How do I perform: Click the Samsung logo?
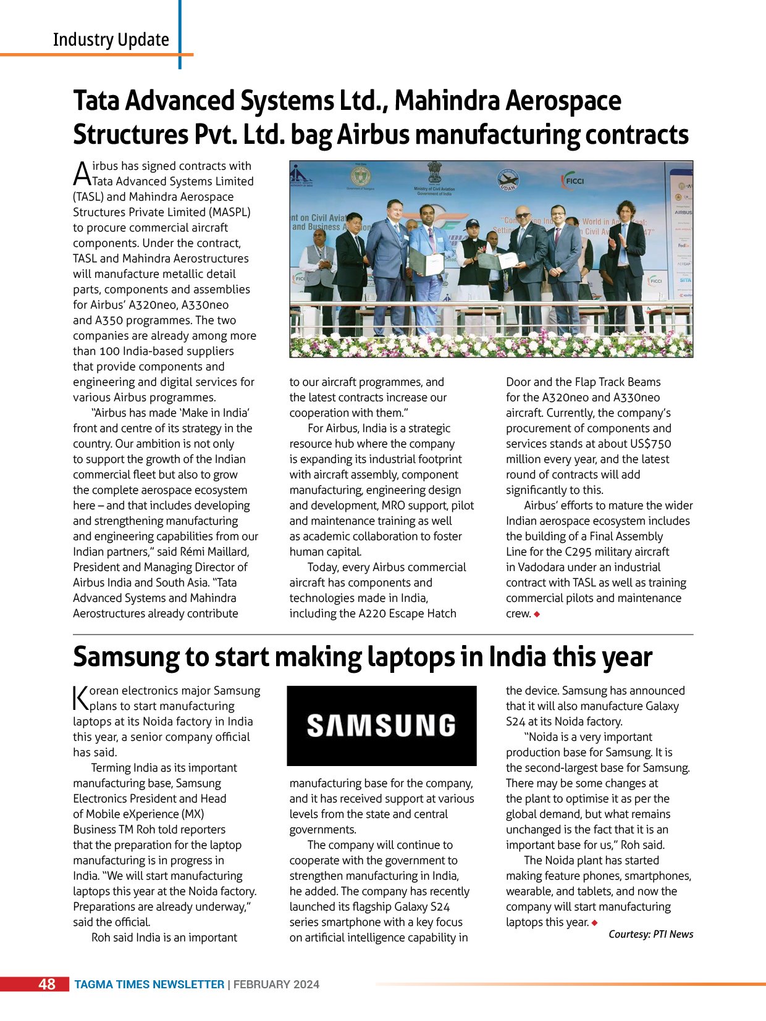pyautogui.click(x=381, y=726)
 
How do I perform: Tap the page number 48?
pyautogui.click(x=46, y=984)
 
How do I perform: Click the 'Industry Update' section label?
pyautogui.click(x=111, y=40)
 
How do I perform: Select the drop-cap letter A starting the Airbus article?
pyautogui.click(x=82, y=173)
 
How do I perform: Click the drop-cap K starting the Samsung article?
pyautogui.click(x=80, y=698)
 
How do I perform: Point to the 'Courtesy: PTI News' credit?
pyautogui.click(x=650, y=934)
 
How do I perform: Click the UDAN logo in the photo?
pyautogui.click(x=508, y=181)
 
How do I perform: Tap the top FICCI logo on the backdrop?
pyautogui.click(x=573, y=181)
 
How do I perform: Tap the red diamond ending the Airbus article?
pyautogui.click(x=537, y=614)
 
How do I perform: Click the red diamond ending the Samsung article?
pyautogui.click(x=594, y=922)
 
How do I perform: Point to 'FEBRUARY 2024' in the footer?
pyautogui.click(x=276, y=985)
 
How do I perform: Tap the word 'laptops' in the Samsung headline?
pyautogui.click(x=411, y=657)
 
